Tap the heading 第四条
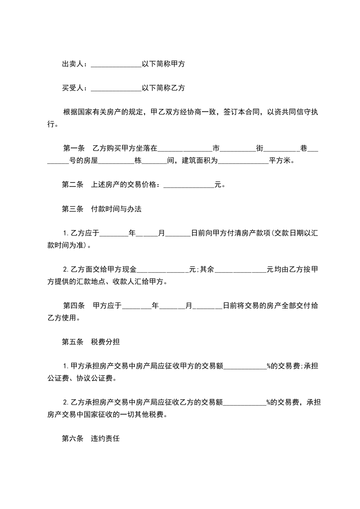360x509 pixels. (x=74, y=306)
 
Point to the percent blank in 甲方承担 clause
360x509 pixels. (x=245, y=367)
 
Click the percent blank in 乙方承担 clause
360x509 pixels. (x=245, y=402)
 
